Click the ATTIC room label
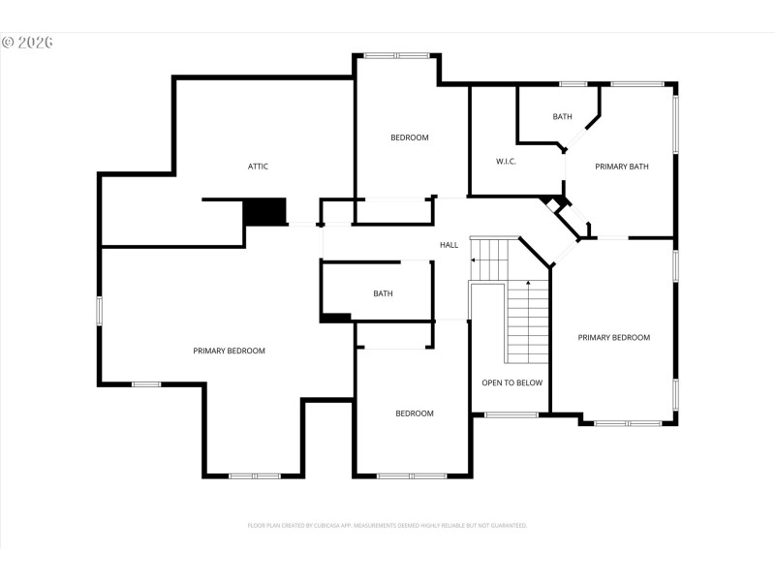[258, 167]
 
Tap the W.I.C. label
[506, 161]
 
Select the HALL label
[449, 245]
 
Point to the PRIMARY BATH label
[622, 167]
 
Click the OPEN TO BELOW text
[512, 382]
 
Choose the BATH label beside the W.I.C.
[563, 117]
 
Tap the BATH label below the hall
[384, 293]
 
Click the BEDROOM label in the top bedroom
[410, 138]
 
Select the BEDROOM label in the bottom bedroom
[415, 413]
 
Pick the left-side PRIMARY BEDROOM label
[229, 351]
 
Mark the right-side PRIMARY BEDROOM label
[614, 337]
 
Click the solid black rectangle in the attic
[264, 211]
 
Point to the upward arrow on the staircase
[528, 283]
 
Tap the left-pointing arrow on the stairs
[473, 260]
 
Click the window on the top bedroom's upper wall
[397, 55]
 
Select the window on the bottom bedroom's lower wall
[412, 475]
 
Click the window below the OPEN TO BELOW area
[511, 415]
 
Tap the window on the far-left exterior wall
[99, 311]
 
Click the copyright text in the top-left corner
[26, 43]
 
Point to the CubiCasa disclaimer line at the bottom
[387, 525]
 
